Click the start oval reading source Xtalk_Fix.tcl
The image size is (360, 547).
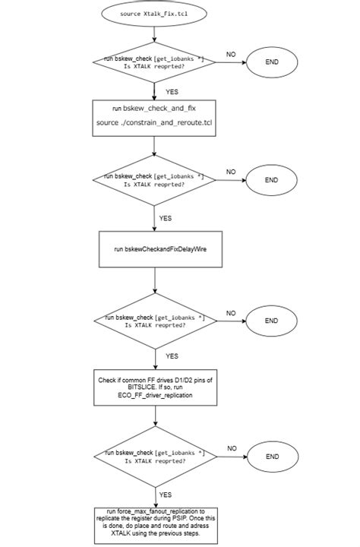pos(155,14)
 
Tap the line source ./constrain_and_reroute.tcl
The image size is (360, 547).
pos(155,122)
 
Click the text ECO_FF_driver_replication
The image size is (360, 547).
pos(155,396)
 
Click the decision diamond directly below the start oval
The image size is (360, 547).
pos(155,62)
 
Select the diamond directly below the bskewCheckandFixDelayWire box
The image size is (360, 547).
pos(155,320)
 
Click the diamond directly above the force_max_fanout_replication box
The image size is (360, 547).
pos(155,456)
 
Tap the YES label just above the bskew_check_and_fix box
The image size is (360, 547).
pos(172,90)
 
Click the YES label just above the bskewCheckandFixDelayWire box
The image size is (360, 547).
pos(166,218)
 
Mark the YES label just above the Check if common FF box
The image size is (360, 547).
pos(172,356)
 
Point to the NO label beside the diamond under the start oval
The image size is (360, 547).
pos(231,54)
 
